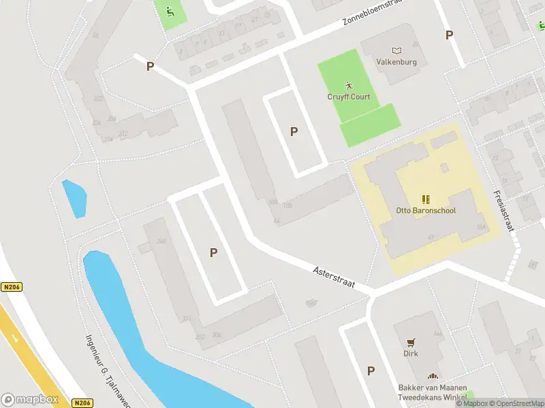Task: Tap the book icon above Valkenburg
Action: tap(397, 50)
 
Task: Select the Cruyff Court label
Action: tap(349, 97)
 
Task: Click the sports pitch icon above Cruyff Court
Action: tap(349, 86)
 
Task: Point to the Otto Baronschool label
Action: tap(426, 210)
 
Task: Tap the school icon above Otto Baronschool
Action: tap(426, 199)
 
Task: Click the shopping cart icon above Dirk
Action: tap(411, 343)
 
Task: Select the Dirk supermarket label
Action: tap(411, 354)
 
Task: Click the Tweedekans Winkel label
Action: tap(433, 397)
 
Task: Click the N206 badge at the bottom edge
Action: tap(82, 403)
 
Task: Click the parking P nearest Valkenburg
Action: tap(449, 35)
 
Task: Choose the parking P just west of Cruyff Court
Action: tap(294, 131)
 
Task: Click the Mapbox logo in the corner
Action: tap(30, 399)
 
